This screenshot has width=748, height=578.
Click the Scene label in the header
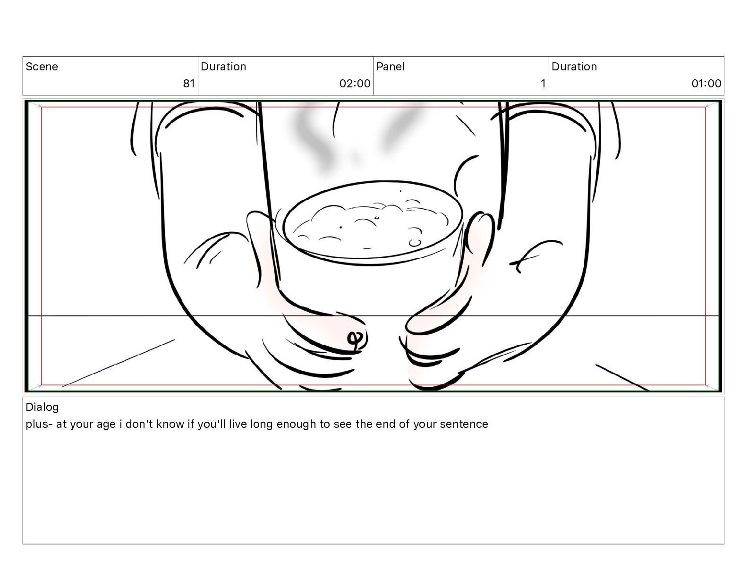(42, 67)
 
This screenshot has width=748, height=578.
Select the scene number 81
(189, 83)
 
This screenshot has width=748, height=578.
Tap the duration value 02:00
(355, 83)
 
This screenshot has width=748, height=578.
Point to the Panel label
(391, 67)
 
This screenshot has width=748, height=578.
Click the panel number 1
(543, 83)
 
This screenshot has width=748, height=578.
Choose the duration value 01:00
(706, 83)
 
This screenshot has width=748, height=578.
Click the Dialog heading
(42, 407)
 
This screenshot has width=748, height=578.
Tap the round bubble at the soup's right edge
(415, 243)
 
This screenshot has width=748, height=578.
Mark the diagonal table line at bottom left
(118, 363)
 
